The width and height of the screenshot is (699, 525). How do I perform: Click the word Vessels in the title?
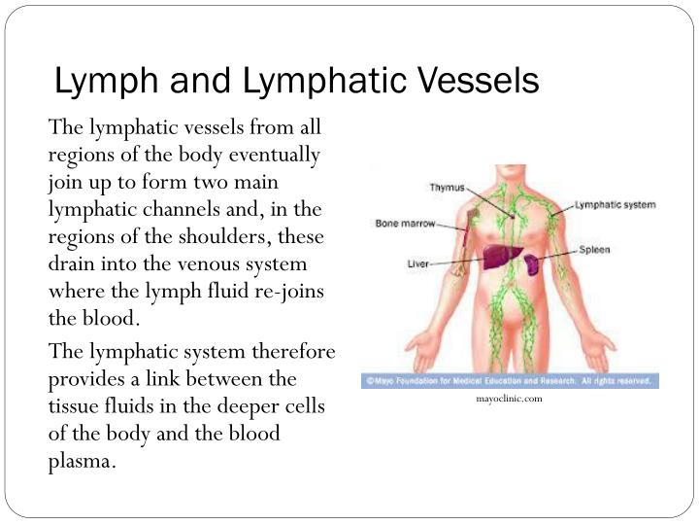point(480,81)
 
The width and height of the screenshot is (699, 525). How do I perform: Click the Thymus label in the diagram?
point(448,188)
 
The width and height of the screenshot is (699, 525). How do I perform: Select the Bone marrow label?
point(405,224)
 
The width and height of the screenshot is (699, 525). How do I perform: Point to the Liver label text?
point(417,263)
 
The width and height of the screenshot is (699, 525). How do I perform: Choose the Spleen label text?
point(594,250)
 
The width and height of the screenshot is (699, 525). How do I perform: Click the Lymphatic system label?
point(616,205)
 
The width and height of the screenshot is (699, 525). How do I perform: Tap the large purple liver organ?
point(502,257)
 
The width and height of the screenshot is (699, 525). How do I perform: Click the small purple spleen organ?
point(531,264)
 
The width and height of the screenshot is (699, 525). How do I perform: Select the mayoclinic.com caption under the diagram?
point(509,399)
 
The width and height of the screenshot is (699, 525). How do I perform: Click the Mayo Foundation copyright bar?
point(510,381)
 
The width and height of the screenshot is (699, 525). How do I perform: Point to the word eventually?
point(274,156)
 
